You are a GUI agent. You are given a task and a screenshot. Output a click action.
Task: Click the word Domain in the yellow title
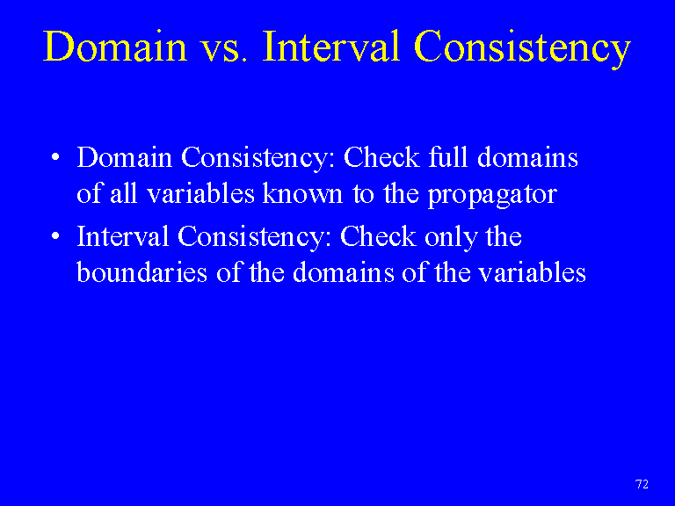coord(115,46)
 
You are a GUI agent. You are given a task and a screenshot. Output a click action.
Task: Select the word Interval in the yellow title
coord(331,46)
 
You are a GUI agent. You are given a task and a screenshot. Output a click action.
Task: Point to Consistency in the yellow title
coord(522,49)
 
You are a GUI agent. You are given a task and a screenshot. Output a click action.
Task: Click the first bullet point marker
coord(55,157)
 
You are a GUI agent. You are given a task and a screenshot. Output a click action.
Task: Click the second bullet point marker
coord(55,235)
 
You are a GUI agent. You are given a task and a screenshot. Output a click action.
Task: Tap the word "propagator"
coord(492,196)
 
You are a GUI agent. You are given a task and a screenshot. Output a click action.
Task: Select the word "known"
coord(302,193)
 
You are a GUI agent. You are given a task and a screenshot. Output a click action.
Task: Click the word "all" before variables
coord(124,193)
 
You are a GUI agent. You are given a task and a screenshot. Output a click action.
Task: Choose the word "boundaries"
coord(142,272)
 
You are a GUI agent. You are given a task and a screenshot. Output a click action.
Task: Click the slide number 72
coord(642,484)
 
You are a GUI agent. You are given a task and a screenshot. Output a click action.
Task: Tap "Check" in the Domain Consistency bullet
coord(381,156)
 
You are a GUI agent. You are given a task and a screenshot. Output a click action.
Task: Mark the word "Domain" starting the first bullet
coord(125,156)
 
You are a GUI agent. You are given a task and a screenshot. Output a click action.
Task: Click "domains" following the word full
coord(527,156)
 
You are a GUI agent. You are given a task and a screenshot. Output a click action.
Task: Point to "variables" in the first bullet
coord(200,193)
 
